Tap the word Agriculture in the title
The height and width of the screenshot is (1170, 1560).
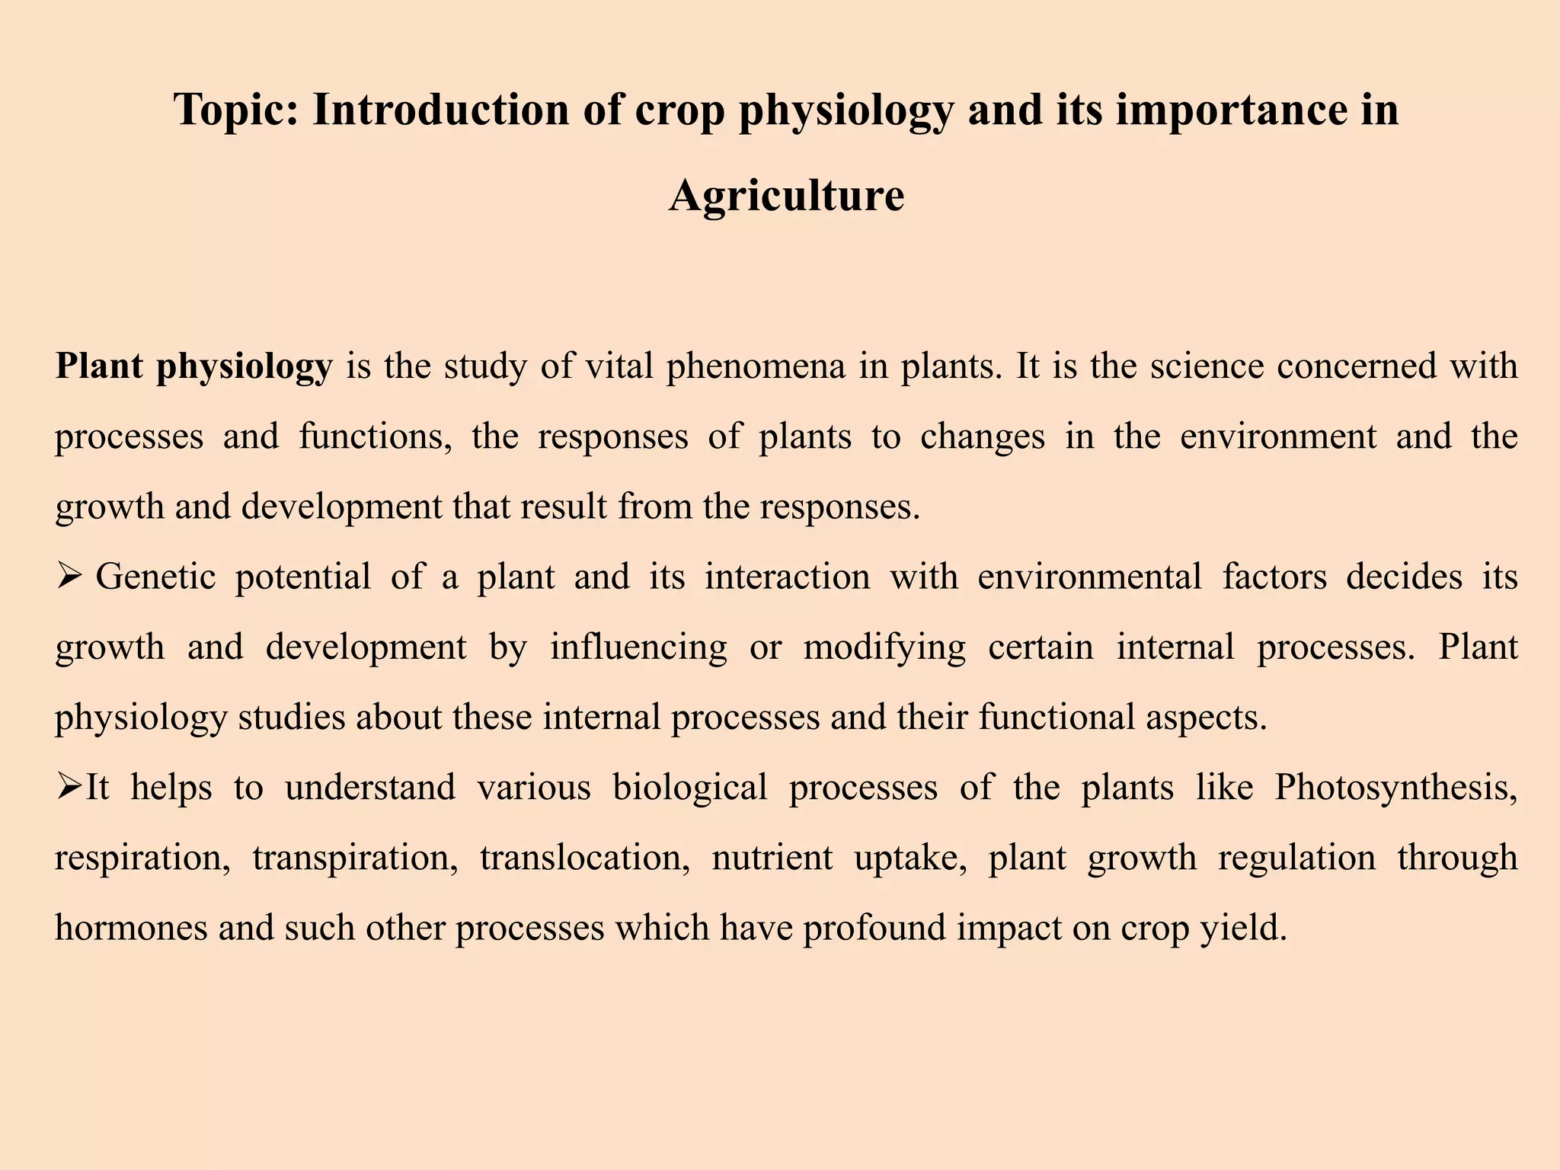click(x=786, y=195)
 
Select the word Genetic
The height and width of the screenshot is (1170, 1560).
click(x=155, y=577)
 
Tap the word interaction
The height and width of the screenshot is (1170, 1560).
click(x=787, y=577)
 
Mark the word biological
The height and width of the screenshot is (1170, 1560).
click(x=689, y=787)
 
